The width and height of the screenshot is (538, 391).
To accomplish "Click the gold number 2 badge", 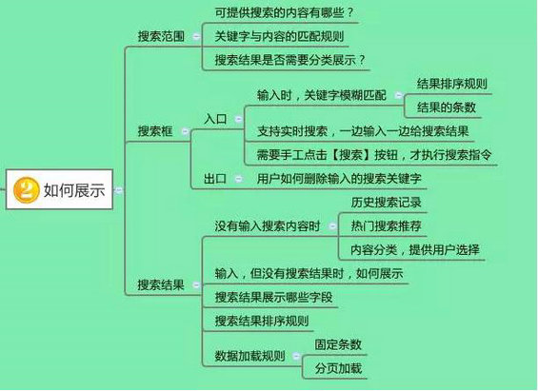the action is point(26,189).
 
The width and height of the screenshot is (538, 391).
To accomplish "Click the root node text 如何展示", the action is point(74,190).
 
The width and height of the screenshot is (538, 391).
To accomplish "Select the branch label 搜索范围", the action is point(161,36).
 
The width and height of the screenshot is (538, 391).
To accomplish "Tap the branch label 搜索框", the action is point(155,131).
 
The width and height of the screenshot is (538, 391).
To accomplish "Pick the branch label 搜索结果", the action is point(161,284).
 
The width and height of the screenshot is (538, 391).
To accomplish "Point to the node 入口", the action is point(215,119).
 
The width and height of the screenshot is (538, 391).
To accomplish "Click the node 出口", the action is point(215,179).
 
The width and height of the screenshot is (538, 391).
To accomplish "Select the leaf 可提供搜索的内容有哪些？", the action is point(284,12).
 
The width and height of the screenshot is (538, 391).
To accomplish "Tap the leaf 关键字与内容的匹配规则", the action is point(279,36).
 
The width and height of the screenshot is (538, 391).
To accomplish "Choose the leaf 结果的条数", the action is point(446,108).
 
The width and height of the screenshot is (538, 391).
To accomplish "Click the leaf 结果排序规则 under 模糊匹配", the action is point(452,84).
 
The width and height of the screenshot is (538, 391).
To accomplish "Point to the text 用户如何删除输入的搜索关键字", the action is point(339,179).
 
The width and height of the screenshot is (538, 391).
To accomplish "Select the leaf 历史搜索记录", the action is point(386,203).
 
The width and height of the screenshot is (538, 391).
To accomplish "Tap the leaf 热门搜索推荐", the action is point(386,225).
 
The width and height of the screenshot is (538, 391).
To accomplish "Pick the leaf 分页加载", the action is point(338,368).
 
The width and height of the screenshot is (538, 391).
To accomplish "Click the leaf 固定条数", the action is point(338,344).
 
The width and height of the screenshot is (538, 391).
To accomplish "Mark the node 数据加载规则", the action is point(249,356).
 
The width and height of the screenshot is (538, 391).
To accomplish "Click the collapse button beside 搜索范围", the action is point(196,36).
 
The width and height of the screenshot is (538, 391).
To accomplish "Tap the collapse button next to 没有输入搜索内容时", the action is point(332,225).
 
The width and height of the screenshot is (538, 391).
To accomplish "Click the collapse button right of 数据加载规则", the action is point(296,357).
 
